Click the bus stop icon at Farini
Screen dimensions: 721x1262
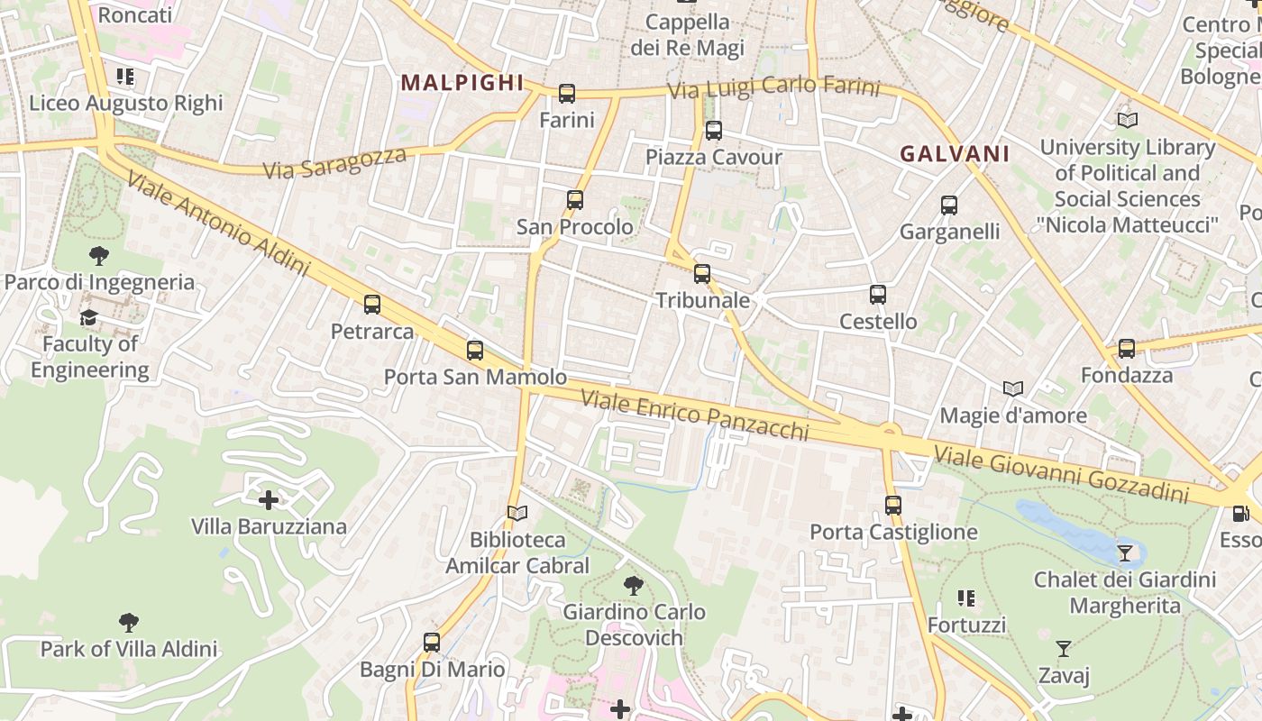click(567, 93)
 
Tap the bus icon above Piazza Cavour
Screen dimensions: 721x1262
click(714, 131)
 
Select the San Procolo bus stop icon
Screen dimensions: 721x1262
click(575, 200)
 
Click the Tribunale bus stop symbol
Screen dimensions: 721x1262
click(702, 274)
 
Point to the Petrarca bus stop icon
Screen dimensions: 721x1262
click(372, 305)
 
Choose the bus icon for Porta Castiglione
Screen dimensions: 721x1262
click(893, 506)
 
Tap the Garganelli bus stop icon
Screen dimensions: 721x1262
click(949, 205)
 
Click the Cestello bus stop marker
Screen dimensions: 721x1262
click(878, 295)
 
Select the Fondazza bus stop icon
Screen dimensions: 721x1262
click(1127, 349)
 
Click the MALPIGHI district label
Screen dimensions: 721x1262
click(462, 83)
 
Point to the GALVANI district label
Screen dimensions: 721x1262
click(955, 154)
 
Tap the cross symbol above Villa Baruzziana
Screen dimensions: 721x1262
click(269, 499)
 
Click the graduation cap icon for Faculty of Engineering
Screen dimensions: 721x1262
click(88, 317)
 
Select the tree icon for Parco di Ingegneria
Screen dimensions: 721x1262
click(99, 256)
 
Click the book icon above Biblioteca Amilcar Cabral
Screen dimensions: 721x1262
click(517, 514)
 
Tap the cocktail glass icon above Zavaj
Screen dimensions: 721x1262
click(1064, 649)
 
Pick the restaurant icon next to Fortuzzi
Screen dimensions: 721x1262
click(966, 598)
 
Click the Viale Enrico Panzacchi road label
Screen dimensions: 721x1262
click(694, 415)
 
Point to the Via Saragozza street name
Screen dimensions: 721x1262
click(334, 163)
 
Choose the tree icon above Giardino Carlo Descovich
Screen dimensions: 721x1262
click(634, 586)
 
